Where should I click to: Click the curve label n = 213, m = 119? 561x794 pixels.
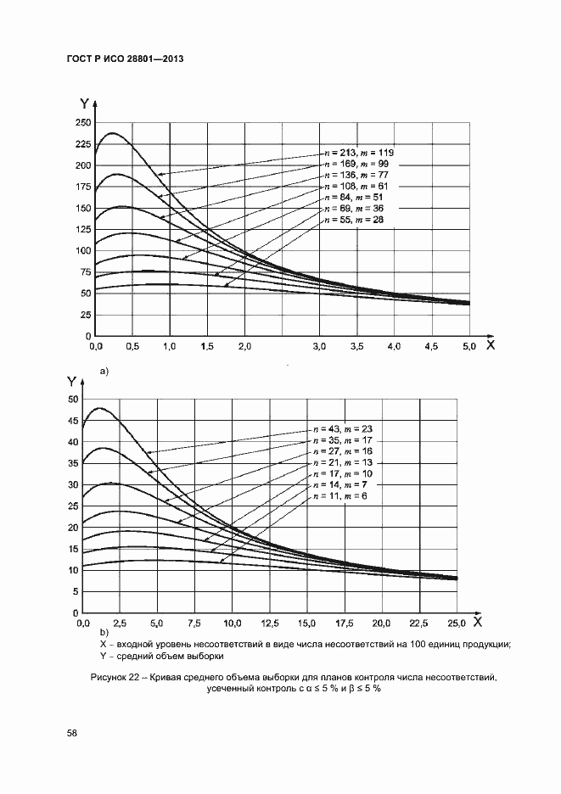(359, 152)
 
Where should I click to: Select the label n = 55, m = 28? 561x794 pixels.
(354, 219)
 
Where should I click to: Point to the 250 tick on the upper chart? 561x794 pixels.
(82, 123)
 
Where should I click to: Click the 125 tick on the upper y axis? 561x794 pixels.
(82, 230)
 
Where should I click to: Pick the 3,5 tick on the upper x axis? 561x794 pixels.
(356, 347)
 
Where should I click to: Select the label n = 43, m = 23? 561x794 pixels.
(343, 430)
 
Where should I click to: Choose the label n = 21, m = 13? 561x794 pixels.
(343, 463)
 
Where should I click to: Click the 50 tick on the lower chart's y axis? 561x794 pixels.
(74, 399)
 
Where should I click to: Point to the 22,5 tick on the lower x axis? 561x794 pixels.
(419, 623)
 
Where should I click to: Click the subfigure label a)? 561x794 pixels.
(104, 371)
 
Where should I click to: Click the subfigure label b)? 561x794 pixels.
(104, 632)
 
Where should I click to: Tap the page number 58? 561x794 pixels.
(72, 731)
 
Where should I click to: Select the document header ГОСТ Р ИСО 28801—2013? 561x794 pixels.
(126, 59)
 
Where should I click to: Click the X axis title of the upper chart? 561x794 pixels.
(490, 345)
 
